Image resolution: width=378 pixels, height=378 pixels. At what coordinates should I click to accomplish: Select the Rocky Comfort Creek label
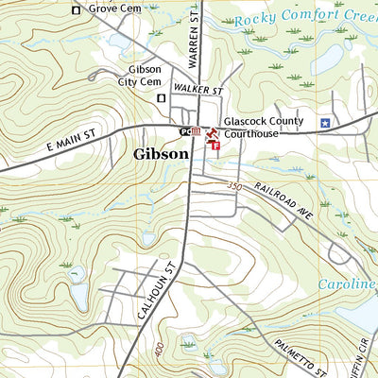coord(304,17)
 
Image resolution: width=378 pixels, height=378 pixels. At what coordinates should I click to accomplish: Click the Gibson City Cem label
coord(146,76)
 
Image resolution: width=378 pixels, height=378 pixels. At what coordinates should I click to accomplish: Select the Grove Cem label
coord(115,9)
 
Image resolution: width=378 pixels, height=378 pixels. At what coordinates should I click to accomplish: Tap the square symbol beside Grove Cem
coord(77,10)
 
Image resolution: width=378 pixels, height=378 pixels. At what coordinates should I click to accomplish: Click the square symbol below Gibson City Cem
coord(162,97)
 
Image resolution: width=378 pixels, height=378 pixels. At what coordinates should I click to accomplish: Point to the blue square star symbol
coord(324,123)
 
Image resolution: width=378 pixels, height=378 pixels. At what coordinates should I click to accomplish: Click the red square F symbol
coord(215,145)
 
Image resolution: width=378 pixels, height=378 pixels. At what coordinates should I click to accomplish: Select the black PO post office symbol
coord(185,131)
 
